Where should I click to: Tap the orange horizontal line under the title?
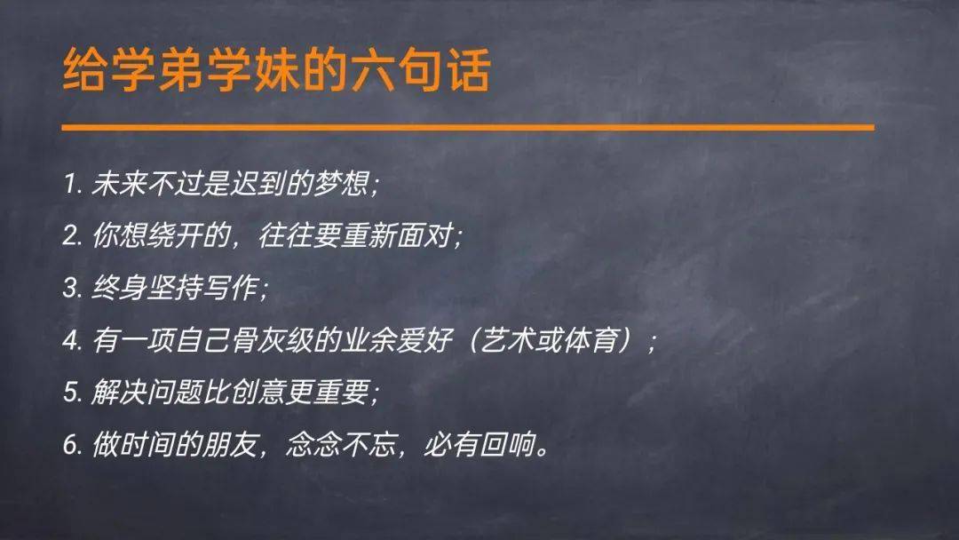[x=468, y=128]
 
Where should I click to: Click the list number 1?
[x=69, y=186]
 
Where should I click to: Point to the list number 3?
[x=70, y=290]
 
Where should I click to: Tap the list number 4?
[x=70, y=341]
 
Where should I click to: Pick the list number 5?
[x=70, y=393]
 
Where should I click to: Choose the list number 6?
[x=70, y=445]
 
